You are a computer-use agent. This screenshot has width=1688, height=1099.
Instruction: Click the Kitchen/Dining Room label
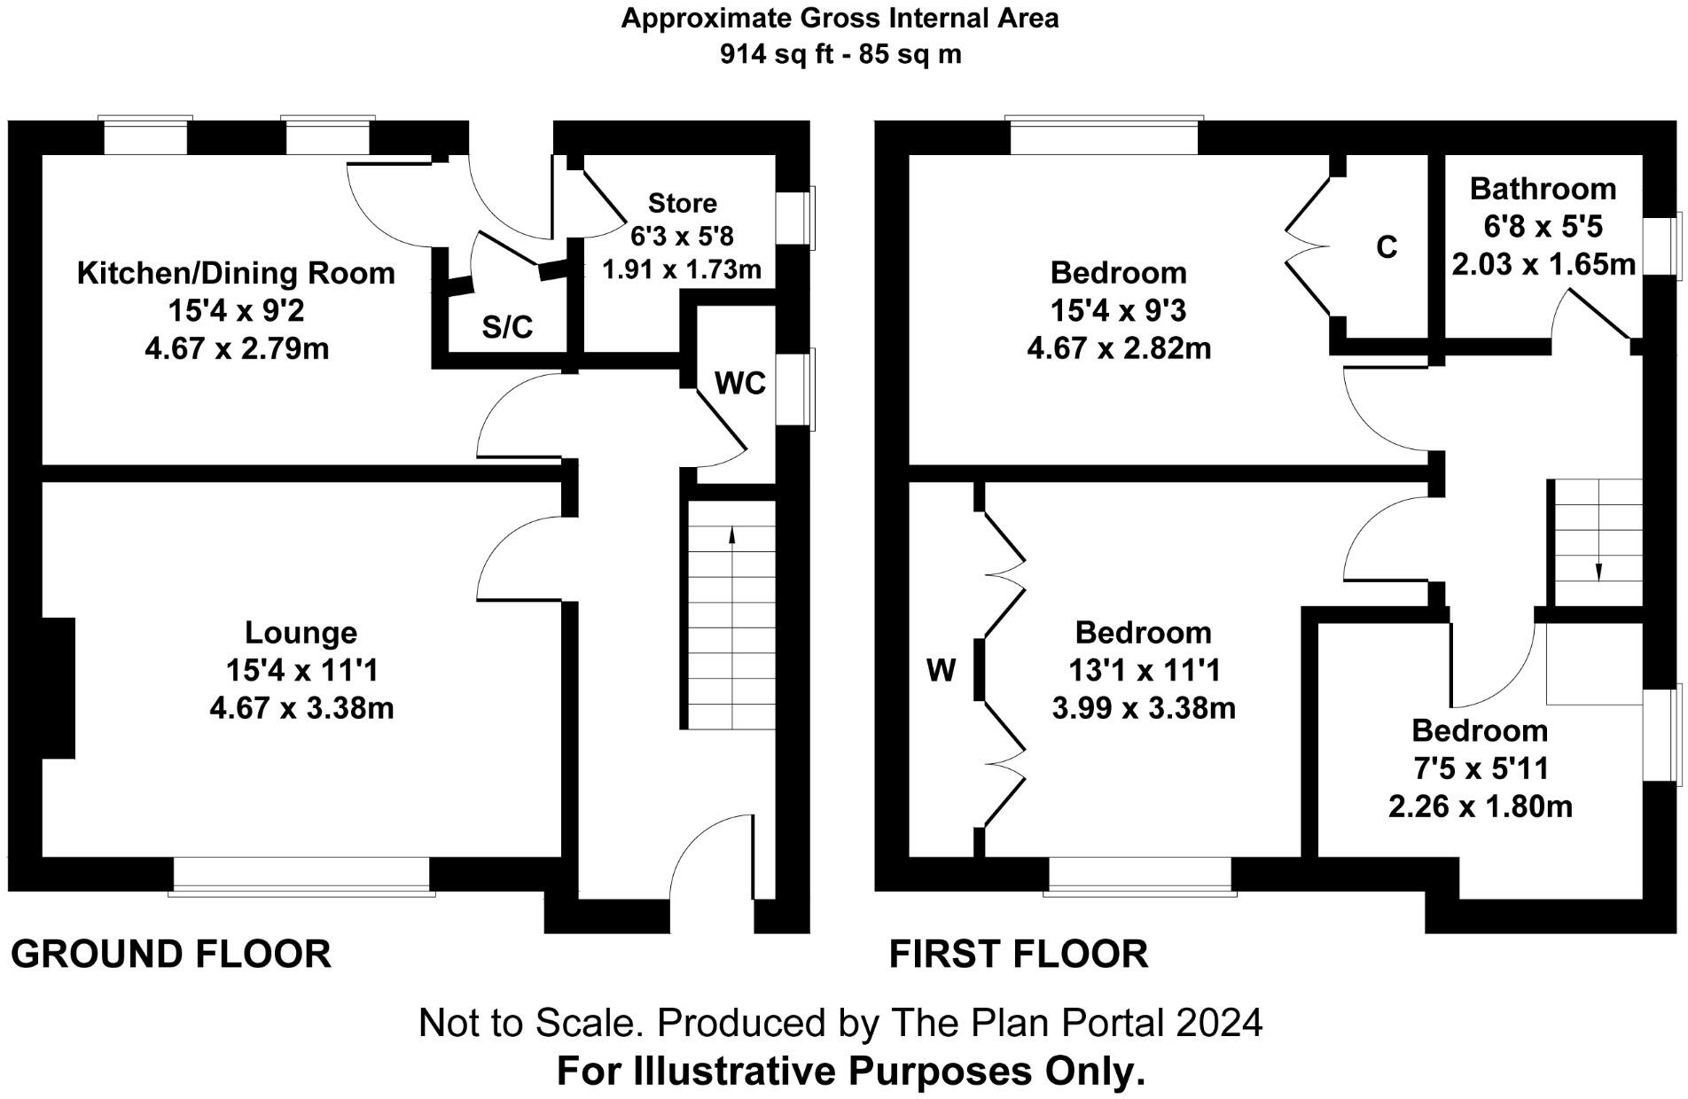point(236,273)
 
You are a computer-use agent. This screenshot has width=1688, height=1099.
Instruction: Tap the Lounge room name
point(301,633)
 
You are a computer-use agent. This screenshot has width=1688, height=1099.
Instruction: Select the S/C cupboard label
point(507,327)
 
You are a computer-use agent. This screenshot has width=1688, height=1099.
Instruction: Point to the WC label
point(739,383)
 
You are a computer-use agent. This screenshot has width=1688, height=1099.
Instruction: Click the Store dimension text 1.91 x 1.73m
point(681,269)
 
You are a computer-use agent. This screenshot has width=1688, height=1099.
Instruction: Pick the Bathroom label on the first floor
point(1543,189)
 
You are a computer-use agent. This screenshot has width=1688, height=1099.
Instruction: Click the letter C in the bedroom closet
point(1387,247)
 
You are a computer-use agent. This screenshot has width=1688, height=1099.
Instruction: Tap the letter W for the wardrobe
point(941,671)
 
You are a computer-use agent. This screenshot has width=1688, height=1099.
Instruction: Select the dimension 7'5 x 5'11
point(1480,768)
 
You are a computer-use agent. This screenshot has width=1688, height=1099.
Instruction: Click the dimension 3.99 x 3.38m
point(1144,708)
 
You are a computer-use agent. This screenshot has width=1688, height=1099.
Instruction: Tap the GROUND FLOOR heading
point(171,955)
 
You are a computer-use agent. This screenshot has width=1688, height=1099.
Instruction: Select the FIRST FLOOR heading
point(1018,955)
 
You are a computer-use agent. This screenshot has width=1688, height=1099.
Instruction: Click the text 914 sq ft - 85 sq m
point(840,55)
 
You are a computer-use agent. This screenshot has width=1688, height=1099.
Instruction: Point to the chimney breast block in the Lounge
point(58,688)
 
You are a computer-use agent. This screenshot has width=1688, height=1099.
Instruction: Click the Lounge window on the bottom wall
point(301,876)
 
